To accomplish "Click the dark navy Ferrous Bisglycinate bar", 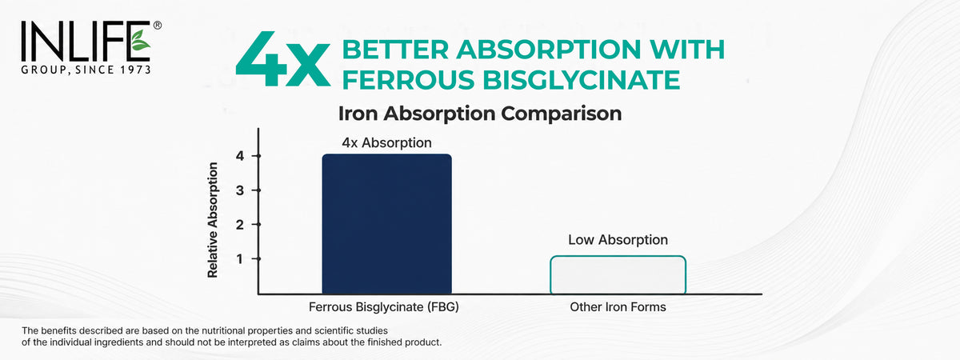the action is [386, 224].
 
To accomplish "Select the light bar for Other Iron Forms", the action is [618, 275].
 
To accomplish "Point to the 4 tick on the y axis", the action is [239, 156].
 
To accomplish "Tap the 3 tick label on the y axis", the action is [239, 190].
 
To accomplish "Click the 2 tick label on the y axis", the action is [239, 225].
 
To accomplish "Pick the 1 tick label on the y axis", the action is [239, 259].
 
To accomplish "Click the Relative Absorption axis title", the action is [213, 220].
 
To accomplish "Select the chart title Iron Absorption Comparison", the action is [480, 114].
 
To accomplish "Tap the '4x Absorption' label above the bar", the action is [386, 142].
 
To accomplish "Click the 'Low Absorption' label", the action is [618, 239].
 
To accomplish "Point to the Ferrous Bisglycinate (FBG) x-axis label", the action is [383, 307].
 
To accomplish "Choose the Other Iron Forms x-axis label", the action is [618, 307].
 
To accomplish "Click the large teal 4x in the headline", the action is [283, 59].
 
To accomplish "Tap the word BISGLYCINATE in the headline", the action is [582, 80].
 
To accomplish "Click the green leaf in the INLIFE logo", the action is [140, 40].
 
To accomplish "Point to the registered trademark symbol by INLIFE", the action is [158, 26].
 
